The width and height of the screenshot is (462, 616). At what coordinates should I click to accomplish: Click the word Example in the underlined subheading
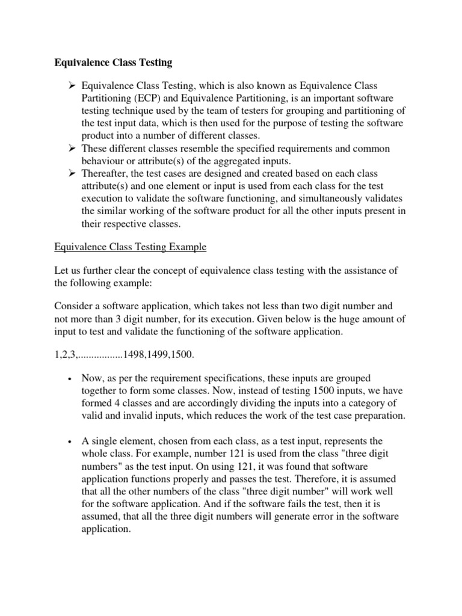pyautogui.click(x=187, y=247)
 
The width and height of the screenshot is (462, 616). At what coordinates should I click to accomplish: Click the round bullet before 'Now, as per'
pyautogui.click(x=70, y=378)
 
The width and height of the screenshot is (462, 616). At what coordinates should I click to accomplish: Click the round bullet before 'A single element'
pyautogui.click(x=70, y=442)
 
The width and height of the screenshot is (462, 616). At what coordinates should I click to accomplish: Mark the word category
pyautogui.click(x=359, y=403)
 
